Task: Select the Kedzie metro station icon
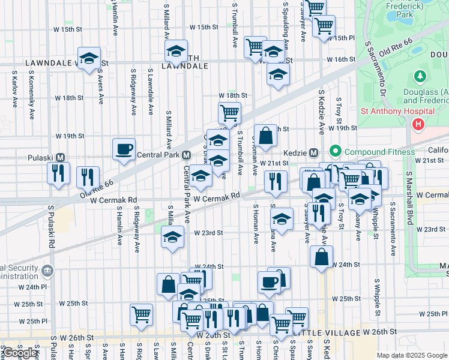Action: coord(313,152)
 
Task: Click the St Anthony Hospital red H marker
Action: coord(418,124)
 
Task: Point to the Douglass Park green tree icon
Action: coord(420,77)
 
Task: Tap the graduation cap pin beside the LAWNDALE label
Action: coord(89,58)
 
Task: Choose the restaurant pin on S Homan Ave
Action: coord(275,181)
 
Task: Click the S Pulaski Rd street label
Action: coord(52,228)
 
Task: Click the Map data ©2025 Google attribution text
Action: coord(412,355)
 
